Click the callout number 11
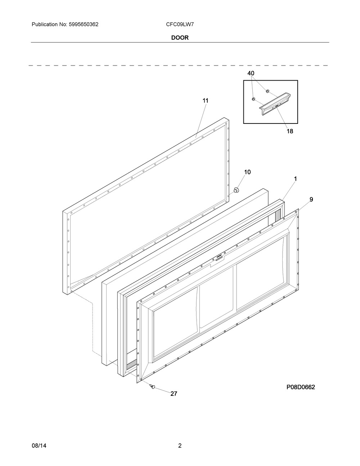(206, 100)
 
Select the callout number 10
(247, 172)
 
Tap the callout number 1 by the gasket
(295, 179)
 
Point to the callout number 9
(311, 200)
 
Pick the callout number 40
(251, 73)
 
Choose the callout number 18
(290, 131)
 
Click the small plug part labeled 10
(236, 190)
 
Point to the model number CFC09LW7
(180, 24)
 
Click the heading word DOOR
(180, 38)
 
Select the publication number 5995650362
(84, 24)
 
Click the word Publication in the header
(45, 24)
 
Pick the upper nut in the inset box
(267, 91)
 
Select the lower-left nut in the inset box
(253, 99)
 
